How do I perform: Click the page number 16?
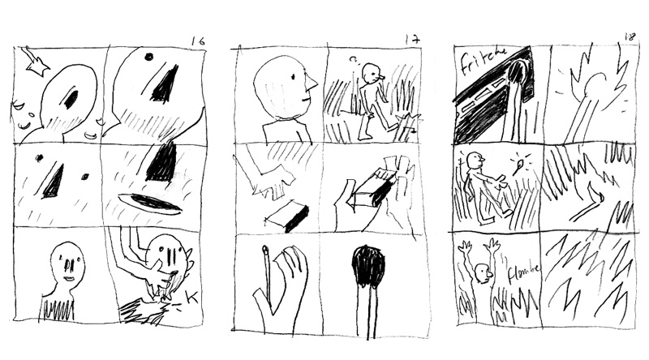tap(197, 40)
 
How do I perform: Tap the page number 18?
tap(628, 36)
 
